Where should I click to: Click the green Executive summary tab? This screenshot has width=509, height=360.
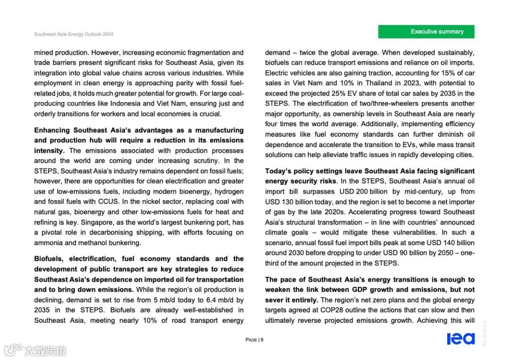(426, 32)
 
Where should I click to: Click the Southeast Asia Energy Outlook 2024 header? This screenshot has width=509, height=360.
(74, 34)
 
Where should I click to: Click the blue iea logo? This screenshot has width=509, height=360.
(460, 339)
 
